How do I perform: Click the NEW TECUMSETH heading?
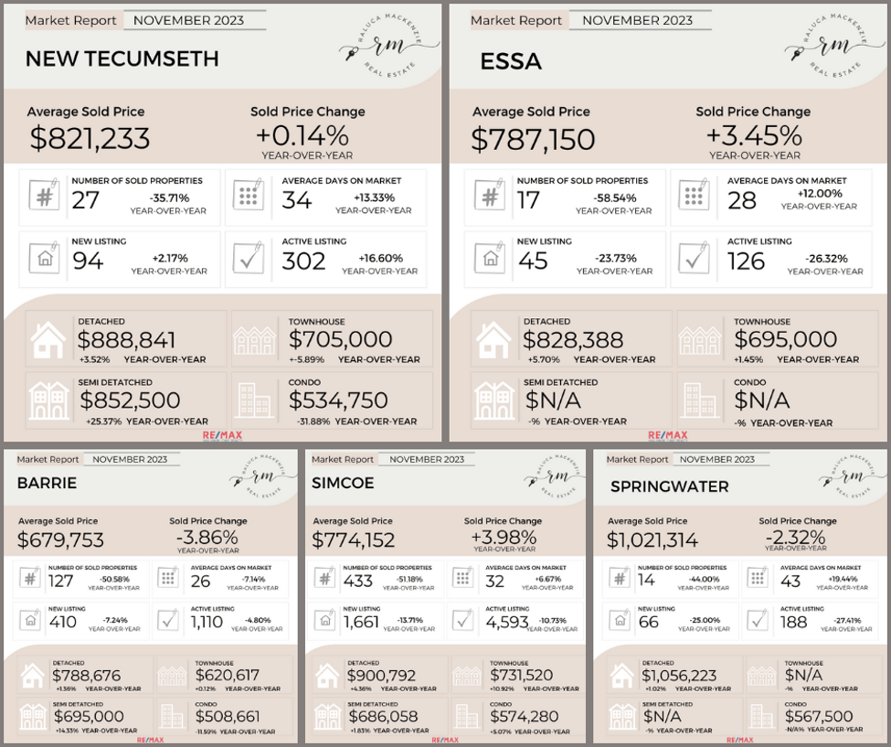(x=122, y=59)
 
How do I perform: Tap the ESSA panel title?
(x=511, y=61)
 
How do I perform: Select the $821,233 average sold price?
(x=90, y=139)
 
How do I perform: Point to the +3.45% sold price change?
(x=753, y=136)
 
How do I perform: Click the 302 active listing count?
(x=303, y=261)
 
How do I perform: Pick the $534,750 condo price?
(x=338, y=400)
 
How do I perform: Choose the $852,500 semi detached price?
(x=130, y=400)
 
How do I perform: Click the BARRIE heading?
(x=47, y=483)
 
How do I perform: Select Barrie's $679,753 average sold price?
(x=61, y=540)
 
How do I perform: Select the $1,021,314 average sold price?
(x=652, y=540)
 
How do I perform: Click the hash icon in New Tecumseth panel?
(x=43, y=196)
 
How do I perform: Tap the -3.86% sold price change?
(x=207, y=537)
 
